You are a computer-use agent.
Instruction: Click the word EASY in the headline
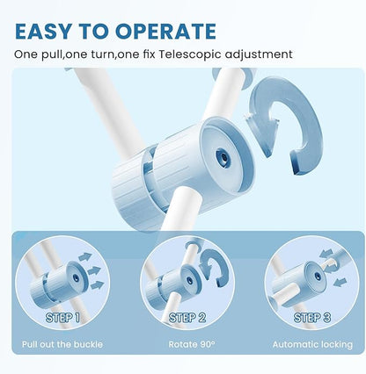tap(43, 31)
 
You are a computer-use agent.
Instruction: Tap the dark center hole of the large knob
tap(223, 158)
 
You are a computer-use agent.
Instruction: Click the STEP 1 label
tap(62, 318)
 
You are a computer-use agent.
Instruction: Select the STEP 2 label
tap(187, 318)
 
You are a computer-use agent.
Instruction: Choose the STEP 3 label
tap(312, 318)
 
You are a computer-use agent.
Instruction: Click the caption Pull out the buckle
tap(62, 344)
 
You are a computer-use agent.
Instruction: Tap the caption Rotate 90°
tap(192, 344)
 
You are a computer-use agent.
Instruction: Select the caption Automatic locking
tap(312, 344)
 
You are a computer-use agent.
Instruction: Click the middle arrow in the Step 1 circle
tap(94, 270)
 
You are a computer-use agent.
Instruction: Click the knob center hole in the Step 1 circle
tap(76, 277)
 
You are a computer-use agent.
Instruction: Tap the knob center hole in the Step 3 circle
tap(318, 276)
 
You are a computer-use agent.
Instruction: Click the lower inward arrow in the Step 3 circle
tap(340, 282)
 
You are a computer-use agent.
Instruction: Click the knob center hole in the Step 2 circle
tap(190, 280)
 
